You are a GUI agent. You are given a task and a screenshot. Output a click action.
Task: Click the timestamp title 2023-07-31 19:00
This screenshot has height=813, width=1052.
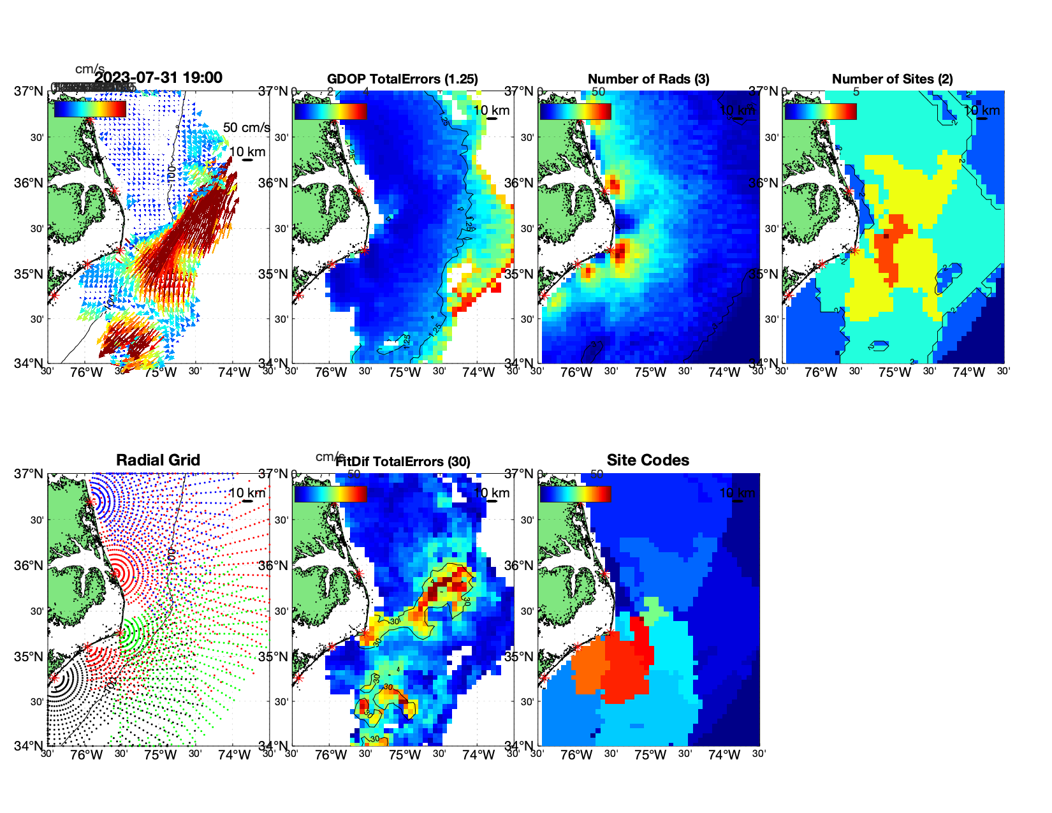point(158,78)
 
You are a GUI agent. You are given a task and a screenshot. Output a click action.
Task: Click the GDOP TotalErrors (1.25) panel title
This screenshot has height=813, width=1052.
point(402,79)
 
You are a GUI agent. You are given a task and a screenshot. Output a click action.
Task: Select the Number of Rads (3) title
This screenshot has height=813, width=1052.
point(648,79)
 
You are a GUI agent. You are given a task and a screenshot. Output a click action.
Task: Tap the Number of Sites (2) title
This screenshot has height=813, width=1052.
point(892,79)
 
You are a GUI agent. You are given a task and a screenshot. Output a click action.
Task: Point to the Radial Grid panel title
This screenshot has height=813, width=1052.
point(158,460)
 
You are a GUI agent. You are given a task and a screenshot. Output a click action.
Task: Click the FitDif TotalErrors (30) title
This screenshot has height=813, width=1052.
point(404,462)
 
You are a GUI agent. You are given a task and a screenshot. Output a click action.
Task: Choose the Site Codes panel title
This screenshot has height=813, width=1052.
point(648,460)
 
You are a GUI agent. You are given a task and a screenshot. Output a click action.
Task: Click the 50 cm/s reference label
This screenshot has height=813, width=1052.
point(246,128)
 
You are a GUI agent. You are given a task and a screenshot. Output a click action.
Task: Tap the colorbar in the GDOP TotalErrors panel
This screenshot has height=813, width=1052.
point(330,111)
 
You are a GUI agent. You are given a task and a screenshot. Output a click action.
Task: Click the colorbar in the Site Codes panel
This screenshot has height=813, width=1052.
point(575,494)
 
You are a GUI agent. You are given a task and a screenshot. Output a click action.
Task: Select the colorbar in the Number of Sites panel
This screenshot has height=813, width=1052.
point(820,111)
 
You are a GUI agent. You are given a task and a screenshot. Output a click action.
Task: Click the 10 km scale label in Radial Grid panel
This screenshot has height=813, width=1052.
point(247,493)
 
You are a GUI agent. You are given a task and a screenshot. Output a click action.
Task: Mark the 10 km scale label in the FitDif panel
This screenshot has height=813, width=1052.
point(491,493)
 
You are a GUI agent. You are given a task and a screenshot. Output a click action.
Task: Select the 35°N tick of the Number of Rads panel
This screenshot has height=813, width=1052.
point(518,275)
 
